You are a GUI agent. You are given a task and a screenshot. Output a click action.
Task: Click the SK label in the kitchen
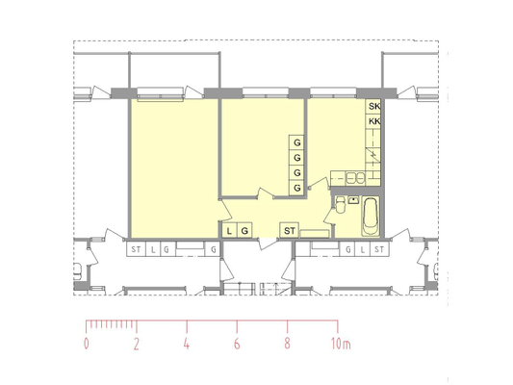(374, 106)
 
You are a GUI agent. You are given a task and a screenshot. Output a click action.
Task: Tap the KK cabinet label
(374, 121)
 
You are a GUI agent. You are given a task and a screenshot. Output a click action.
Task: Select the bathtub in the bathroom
(371, 216)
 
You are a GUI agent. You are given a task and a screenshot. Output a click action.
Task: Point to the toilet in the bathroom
(340, 205)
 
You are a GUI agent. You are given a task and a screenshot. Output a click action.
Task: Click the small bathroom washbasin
(353, 199)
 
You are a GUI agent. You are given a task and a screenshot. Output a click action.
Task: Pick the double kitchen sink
(355, 179)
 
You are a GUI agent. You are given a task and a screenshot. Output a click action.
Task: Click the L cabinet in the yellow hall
(229, 231)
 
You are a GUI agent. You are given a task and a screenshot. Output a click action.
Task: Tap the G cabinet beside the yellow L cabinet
(244, 231)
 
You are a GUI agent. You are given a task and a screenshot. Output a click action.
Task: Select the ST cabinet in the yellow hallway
(289, 231)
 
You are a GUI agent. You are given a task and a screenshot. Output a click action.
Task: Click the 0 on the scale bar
(87, 344)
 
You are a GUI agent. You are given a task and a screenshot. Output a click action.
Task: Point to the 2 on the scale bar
(137, 344)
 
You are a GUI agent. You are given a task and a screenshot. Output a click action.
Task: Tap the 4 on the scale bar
(187, 344)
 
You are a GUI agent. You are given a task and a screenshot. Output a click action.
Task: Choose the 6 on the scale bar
(237, 344)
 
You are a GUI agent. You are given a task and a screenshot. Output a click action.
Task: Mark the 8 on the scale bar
(287, 344)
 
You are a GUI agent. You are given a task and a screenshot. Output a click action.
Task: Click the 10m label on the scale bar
(341, 344)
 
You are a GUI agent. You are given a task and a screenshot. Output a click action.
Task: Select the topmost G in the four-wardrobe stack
(297, 142)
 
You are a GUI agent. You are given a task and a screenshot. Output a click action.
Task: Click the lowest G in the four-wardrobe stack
(297, 188)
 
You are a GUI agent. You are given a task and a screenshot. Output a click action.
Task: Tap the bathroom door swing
(328, 216)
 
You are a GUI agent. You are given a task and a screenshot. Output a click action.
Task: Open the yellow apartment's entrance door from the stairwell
(268, 244)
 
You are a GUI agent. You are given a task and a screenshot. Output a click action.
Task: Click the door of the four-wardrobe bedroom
(265, 193)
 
